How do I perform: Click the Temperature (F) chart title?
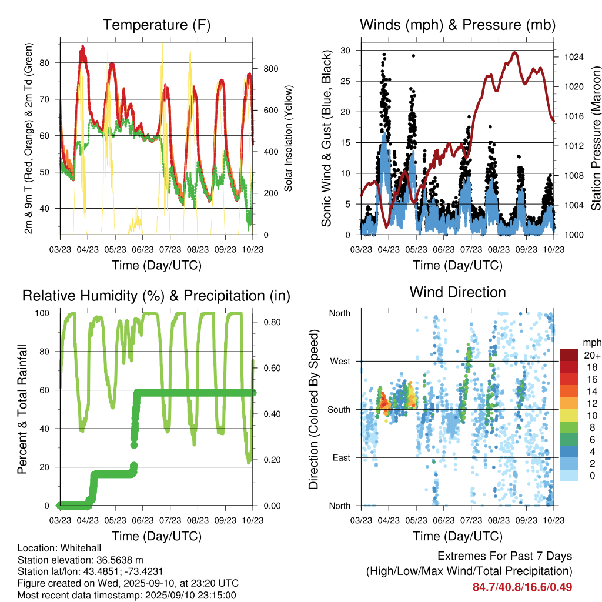(x=156, y=25)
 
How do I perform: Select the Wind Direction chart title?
(x=457, y=292)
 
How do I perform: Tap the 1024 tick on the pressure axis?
(x=573, y=57)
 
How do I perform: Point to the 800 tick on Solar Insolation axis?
(x=270, y=69)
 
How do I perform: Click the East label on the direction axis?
(x=339, y=457)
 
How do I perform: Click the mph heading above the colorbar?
(x=591, y=342)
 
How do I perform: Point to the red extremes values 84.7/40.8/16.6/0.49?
(x=522, y=587)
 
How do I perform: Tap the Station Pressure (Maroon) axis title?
(x=595, y=138)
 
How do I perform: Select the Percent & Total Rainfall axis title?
(x=23, y=410)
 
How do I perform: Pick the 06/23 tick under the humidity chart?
(x=142, y=521)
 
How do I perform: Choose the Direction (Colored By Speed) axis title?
(x=313, y=410)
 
